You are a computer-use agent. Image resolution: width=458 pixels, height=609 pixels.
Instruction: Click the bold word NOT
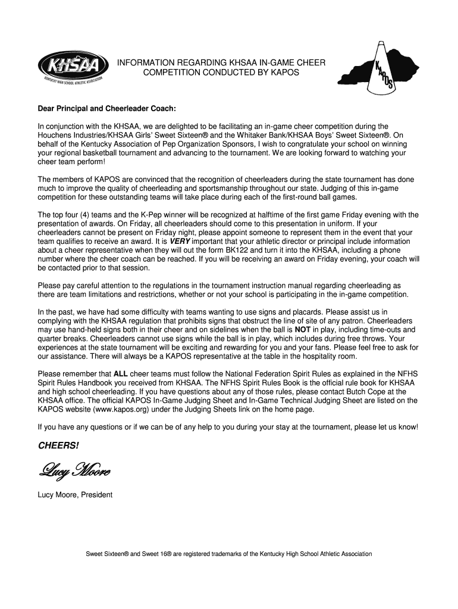[303, 329]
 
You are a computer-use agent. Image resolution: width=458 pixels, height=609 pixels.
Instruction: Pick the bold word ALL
[121, 375]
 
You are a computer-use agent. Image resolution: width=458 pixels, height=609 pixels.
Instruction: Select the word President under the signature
[97, 494]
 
